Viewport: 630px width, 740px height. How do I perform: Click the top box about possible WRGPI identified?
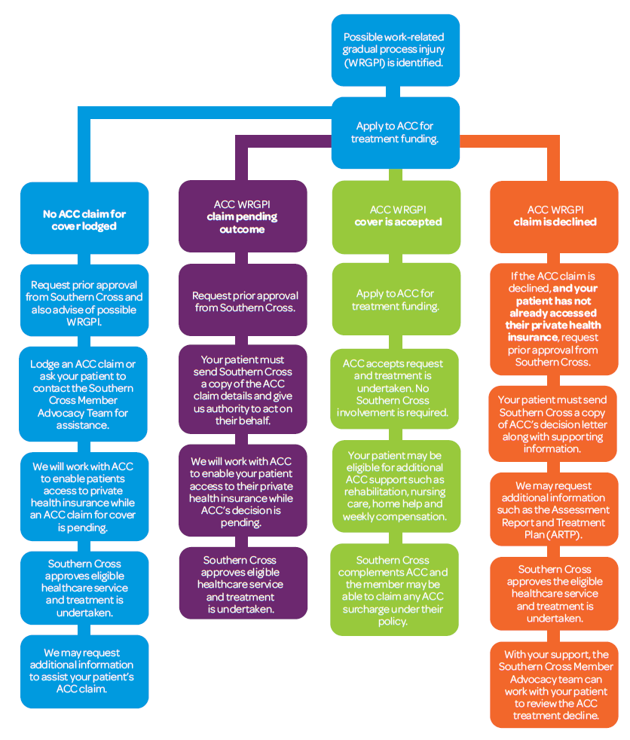coord(395,50)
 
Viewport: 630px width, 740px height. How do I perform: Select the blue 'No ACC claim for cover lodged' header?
coord(84,219)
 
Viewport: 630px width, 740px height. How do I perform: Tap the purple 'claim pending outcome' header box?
coord(243,216)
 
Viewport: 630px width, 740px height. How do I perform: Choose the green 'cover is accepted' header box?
coord(395,216)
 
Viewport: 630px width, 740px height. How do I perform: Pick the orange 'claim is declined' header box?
coord(554,216)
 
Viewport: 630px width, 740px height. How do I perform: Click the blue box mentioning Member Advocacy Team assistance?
coord(84,395)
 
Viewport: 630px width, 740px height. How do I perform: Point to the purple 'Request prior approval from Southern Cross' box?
coord(243,301)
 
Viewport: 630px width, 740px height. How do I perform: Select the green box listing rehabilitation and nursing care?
coord(395,486)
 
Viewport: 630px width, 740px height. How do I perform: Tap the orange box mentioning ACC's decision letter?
coord(554,424)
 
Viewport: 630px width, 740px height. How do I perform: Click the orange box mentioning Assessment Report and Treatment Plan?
coord(554,509)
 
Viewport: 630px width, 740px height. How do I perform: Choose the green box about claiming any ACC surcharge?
coord(395,590)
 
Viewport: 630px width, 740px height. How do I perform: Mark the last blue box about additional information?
coord(84,671)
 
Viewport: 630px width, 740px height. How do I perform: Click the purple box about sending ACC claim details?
coord(243,391)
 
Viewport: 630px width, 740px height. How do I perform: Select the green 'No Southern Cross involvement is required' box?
coord(395,388)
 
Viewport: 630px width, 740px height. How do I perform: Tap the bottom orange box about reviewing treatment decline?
coord(554,684)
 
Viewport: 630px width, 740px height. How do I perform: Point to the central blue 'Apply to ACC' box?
coord(395,133)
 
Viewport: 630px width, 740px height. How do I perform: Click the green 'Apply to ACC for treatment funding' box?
coord(395,300)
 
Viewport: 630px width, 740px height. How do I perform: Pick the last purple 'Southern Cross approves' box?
coord(243,584)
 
